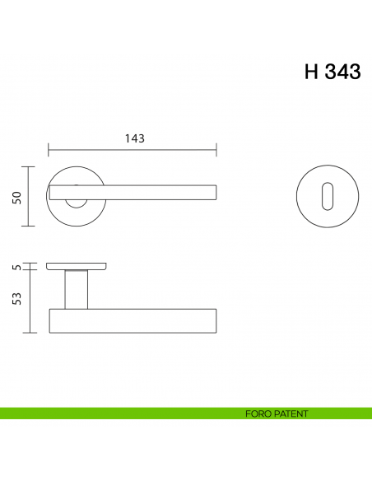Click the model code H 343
coord(332,72)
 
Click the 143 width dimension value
coord(134,138)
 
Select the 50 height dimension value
coord(16,197)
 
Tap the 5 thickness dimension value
coord(16,266)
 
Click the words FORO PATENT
coord(276,413)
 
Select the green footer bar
coord(123,413)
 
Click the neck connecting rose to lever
coord(76,290)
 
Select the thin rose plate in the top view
coord(76,266)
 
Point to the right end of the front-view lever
coord(215,192)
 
